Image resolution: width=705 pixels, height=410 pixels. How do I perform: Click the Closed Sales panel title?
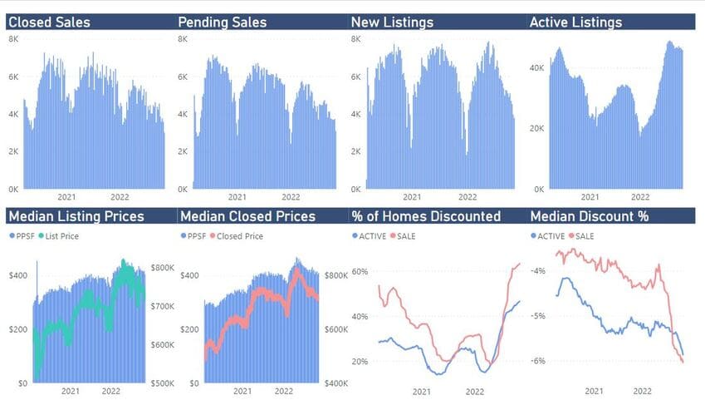pyautogui.click(x=49, y=22)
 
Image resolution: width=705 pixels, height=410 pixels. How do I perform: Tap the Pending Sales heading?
pyautogui.click(x=223, y=22)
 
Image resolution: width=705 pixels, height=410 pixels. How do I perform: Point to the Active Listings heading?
pyautogui.click(x=575, y=22)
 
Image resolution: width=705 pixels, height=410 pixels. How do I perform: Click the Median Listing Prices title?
pyautogui.click(x=76, y=216)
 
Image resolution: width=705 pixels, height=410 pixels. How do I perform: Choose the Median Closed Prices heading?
pyautogui.click(x=247, y=216)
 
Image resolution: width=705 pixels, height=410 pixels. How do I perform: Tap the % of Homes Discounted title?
pyautogui.click(x=426, y=216)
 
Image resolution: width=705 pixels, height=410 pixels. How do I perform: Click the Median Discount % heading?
pyautogui.click(x=589, y=216)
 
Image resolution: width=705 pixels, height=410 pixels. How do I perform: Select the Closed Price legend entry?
pyautogui.click(x=241, y=236)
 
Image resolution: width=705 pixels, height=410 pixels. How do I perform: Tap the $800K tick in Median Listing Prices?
pyautogui.click(x=162, y=268)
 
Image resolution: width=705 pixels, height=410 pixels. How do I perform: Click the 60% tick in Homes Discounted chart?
pyautogui.click(x=360, y=272)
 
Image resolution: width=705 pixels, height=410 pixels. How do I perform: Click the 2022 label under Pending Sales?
pyautogui.click(x=291, y=197)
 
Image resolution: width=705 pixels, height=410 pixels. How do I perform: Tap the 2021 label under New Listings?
pyautogui.click(x=411, y=197)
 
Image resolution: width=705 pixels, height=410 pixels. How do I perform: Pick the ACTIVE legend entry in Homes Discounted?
pyautogui.click(x=370, y=236)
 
